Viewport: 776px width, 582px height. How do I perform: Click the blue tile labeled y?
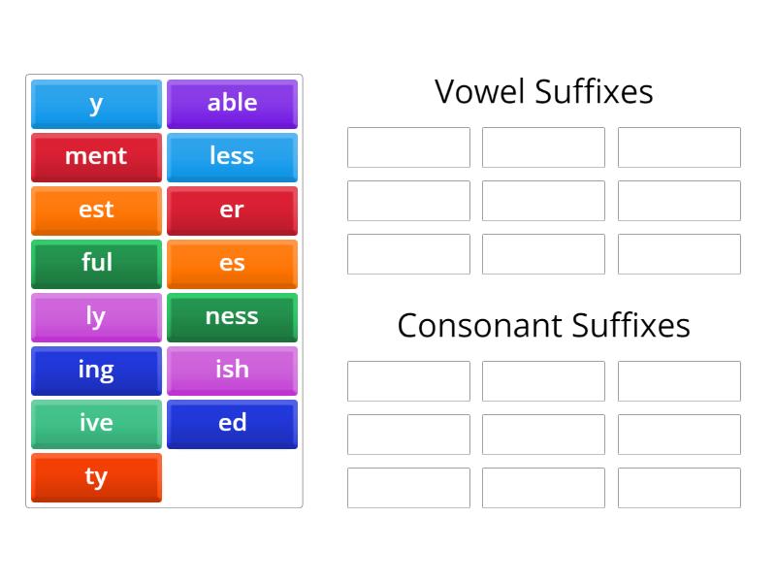(x=96, y=104)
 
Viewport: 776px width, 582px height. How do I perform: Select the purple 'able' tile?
(x=232, y=104)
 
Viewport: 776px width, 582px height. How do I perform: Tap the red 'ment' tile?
(x=96, y=157)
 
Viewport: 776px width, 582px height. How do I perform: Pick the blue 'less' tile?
(x=232, y=157)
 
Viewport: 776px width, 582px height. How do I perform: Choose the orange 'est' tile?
(x=96, y=210)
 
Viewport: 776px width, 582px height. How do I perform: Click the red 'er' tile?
(x=232, y=210)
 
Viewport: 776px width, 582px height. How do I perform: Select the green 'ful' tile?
(x=96, y=264)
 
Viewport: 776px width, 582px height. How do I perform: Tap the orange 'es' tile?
(x=232, y=264)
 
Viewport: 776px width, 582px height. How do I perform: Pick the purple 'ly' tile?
(x=96, y=317)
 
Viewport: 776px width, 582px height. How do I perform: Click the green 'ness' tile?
(x=232, y=317)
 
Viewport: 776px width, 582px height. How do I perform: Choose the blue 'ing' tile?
(x=96, y=371)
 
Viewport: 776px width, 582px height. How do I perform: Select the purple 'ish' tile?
(x=232, y=371)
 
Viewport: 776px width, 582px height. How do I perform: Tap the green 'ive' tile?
(x=96, y=424)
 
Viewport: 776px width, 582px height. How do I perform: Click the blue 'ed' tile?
(x=232, y=424)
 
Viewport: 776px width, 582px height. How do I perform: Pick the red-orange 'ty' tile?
(x=96, y=477)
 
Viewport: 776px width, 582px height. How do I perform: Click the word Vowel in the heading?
(x=479, y=91)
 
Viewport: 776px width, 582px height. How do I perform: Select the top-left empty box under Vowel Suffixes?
(x=408, y=147)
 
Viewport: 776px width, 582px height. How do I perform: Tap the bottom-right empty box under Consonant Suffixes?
(x=679, y=488)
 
